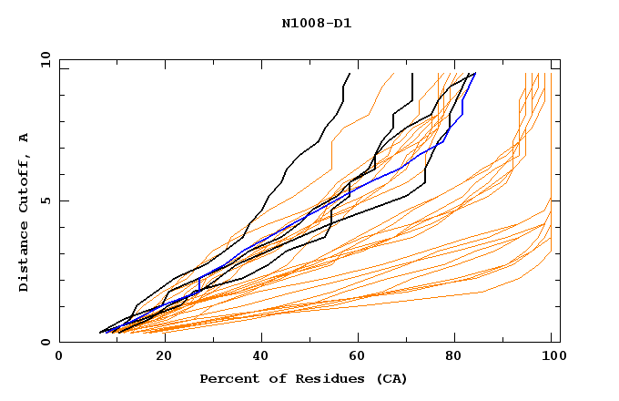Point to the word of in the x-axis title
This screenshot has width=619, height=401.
pyautogui.click(x=271, y=378)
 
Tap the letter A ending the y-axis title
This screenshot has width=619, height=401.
pyautogui.click(x=24, y=138)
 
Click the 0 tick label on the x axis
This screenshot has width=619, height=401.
pyautogui.click(x=60, y=356)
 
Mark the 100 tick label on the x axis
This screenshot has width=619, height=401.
pyautogui.click(x=553, y=356)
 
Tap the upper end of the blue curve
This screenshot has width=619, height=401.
pyautogui.click(x=475, y=73)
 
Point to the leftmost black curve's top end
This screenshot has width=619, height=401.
pyautogui.click(x=350, y=73)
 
